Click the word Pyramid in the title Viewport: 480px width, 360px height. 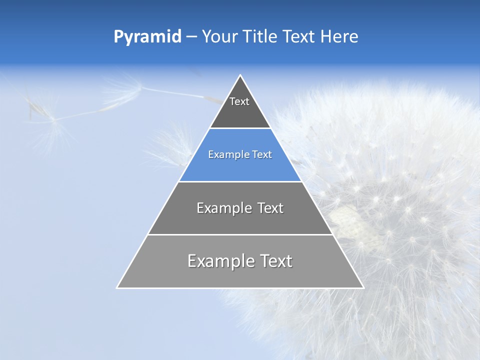(147, 37)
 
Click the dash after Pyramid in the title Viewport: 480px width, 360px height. (191, 37)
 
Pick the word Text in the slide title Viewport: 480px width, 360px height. (299, 36)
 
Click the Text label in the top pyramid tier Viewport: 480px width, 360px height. (239, 101)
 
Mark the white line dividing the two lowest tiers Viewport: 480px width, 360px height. (240, 234)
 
